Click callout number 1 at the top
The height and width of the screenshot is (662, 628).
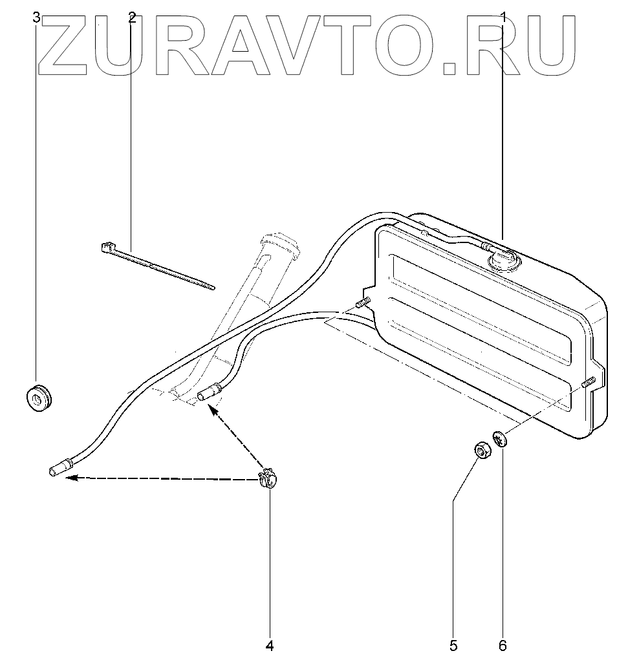pos(503,17)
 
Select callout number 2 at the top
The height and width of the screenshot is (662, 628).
pos(132,17)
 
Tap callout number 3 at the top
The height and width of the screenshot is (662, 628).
pos(37,17)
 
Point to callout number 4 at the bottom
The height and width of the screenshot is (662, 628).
pos(270,645)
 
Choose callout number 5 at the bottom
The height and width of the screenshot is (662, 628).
pos(453,645)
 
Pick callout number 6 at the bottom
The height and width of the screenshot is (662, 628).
pos(503,645)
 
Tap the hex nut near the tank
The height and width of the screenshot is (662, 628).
pos(481,450)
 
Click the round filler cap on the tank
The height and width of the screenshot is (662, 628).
pos(503,260)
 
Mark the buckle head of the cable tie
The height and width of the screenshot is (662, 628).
pos(107,248)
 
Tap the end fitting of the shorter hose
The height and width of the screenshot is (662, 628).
pos(209,392)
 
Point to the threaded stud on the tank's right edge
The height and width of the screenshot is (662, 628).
pos(588,383)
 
